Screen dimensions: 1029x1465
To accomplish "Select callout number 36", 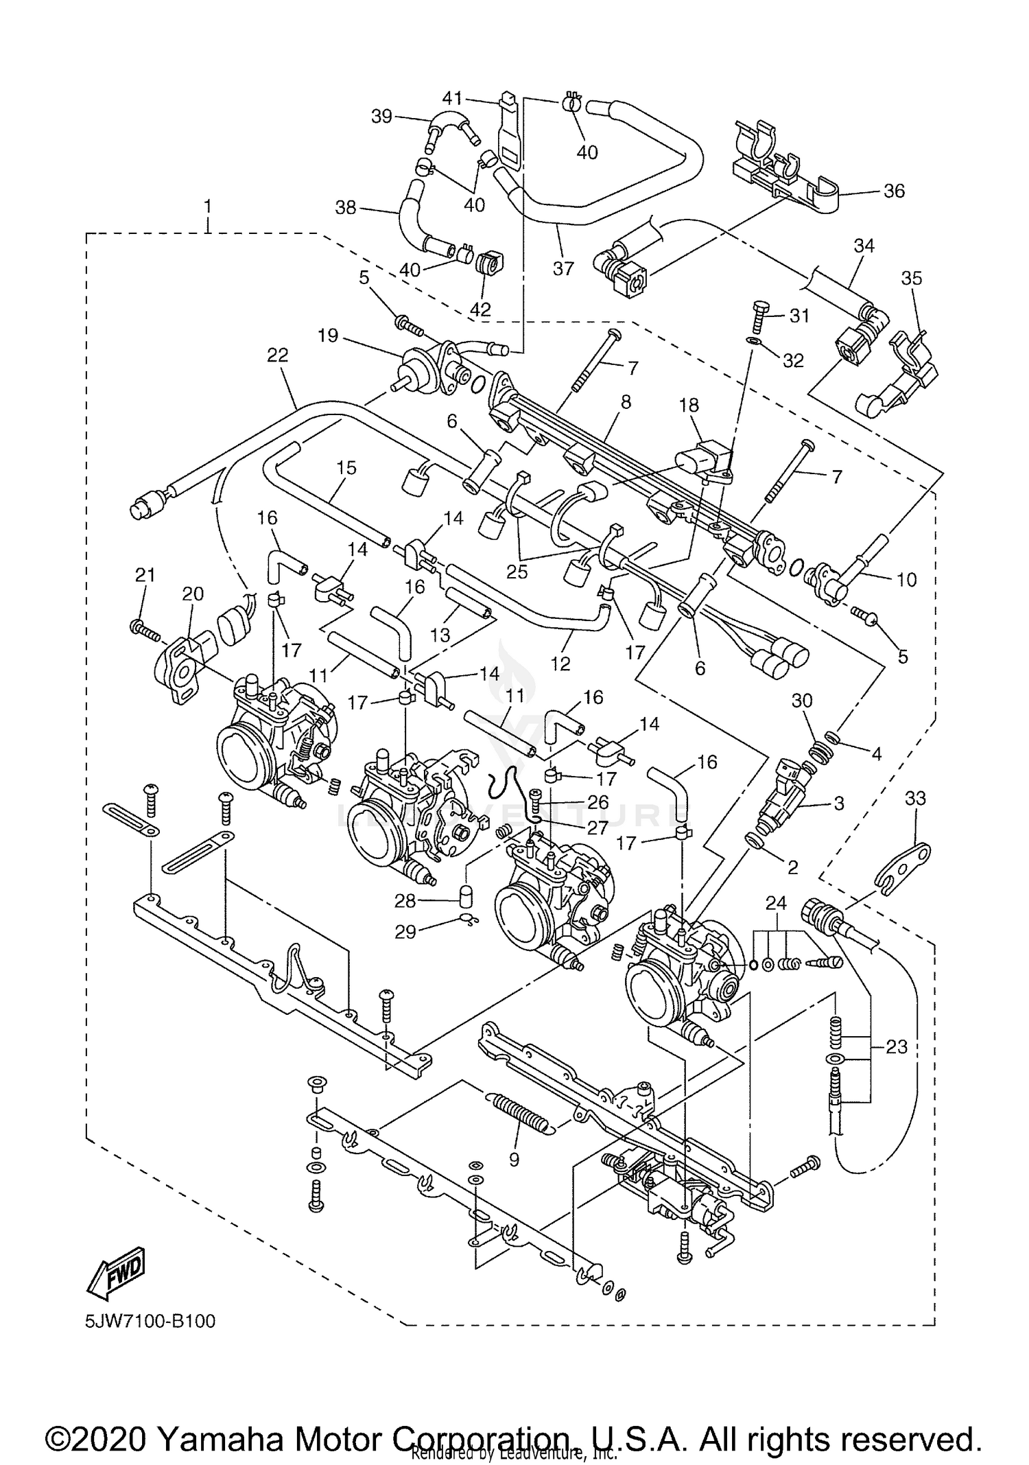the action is point(894,190).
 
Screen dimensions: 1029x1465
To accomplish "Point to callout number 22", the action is point(278,355).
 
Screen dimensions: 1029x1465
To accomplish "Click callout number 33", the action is point(915,798).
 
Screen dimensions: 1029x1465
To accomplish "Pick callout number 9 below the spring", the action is point(514,1159).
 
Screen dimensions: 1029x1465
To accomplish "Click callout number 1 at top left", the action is point(208,206).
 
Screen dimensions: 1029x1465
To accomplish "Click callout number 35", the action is point(912,278).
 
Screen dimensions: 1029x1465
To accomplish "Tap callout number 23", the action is point(897,1047).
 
